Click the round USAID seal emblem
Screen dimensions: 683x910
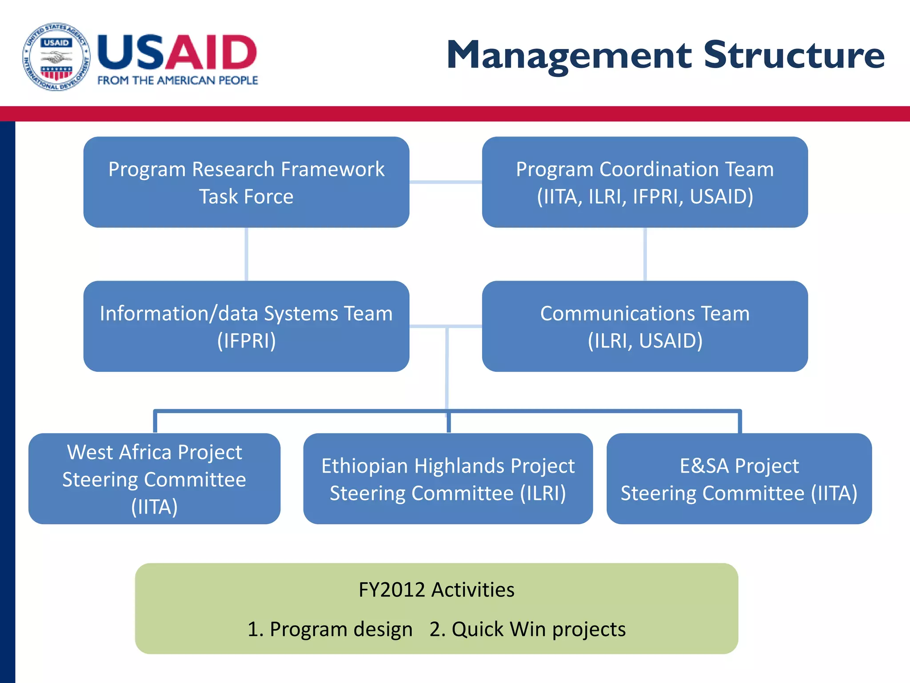tap(56, 56)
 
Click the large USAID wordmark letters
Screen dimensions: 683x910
tap(177, 52)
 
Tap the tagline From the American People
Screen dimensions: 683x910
tap(178, 80)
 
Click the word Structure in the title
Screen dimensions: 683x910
tap(794, 55)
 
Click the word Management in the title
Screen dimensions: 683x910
tap(569, 55)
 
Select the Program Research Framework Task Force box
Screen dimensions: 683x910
tap(246, 182)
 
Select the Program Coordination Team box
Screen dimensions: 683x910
tap(645, 182)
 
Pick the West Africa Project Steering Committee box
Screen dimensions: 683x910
tap(154, 479)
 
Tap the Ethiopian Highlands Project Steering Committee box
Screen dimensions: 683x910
tap(448, 479)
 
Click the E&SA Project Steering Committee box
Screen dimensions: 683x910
tap(739, 479)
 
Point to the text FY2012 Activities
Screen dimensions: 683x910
tap(436, 590)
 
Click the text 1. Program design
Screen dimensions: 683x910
tap(330, 629)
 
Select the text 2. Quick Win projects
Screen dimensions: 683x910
tap(527, 629)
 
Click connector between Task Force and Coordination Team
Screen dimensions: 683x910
tap(446, 182)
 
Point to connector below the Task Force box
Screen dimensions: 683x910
tap(246, 254)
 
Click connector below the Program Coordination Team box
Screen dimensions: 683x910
tap(645, 254)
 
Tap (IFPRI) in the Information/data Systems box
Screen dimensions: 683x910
tap(246, 341)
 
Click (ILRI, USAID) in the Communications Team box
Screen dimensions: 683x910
tap(645, 341)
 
